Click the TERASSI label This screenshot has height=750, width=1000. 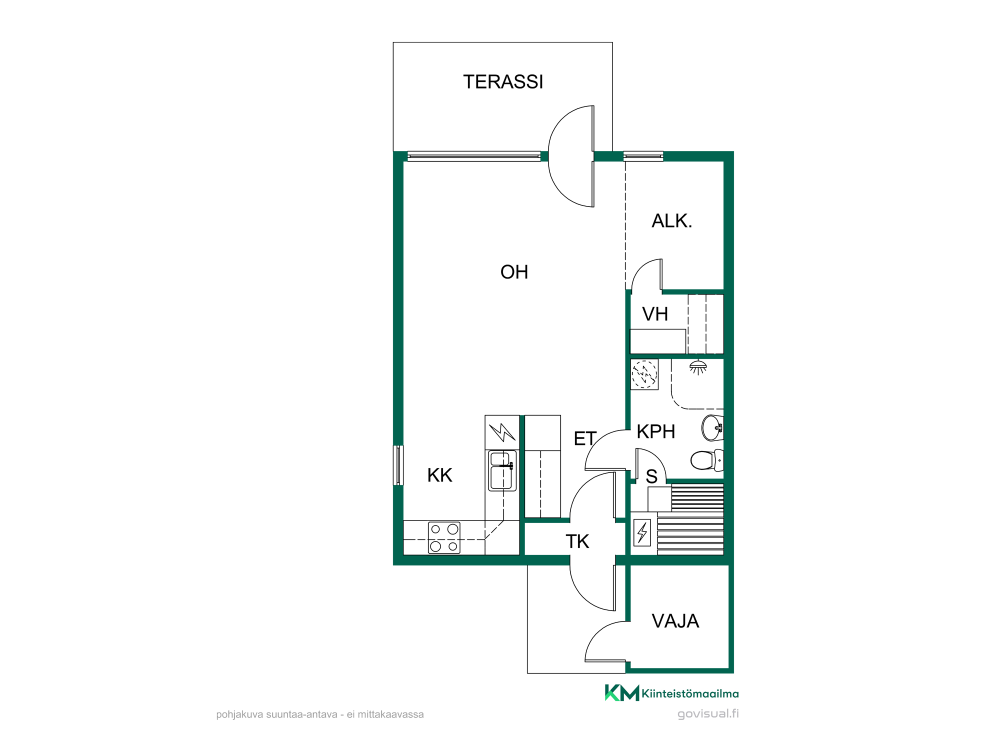coord(503,82)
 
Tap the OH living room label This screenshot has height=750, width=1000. coord(514,272)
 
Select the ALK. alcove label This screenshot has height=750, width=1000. coord(672,220)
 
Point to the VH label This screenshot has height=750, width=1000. coord(655,314)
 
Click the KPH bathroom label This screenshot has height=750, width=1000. coord(656,431)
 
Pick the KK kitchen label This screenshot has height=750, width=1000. coord(439,475)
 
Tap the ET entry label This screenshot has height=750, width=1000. coord(585,438)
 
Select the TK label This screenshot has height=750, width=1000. coord(577,541)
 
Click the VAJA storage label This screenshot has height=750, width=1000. coord(675,621)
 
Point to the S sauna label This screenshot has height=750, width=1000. coord(651,477)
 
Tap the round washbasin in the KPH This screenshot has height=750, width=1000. coord(712,428)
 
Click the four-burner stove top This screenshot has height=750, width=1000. coord(444,537)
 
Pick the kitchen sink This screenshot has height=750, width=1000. coord(502,470)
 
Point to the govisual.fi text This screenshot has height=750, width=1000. coord(708,713)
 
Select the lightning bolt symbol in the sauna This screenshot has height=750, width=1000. coord(642,532)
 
